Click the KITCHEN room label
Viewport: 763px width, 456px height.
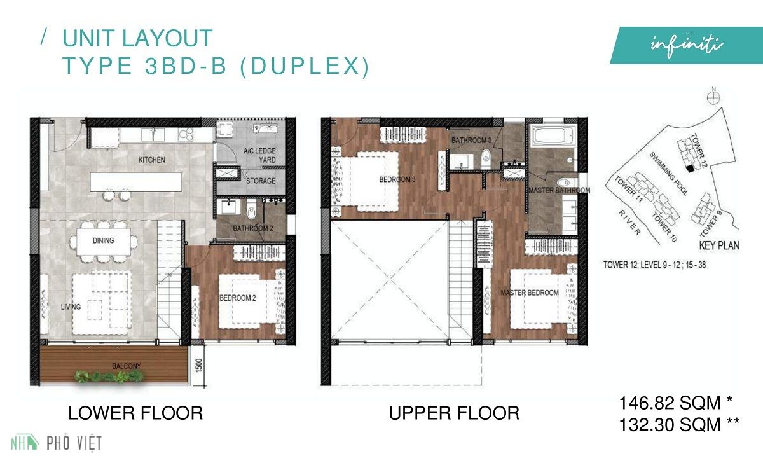[x=151, y=160]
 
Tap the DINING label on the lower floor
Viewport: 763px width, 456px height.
[x=102, y=240]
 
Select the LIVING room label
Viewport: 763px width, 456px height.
[x=71, y=307]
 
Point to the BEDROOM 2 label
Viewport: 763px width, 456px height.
[x=237, y=298]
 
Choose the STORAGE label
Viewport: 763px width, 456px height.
[x=260, y=181]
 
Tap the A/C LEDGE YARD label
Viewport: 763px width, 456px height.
[x=259, y=155]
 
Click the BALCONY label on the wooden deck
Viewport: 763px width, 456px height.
[x=127, y=366]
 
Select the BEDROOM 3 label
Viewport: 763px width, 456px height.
[x=397, y=180]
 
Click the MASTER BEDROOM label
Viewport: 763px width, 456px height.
[x=530, y=293]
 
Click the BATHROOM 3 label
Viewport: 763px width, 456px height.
[x=471, y=140]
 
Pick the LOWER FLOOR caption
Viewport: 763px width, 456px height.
[x=135, y=413]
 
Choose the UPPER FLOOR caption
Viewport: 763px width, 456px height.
[x=454, y=413]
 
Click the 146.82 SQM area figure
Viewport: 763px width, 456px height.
[x=676, y=403]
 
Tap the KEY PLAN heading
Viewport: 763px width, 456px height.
[x=719, y=245]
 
